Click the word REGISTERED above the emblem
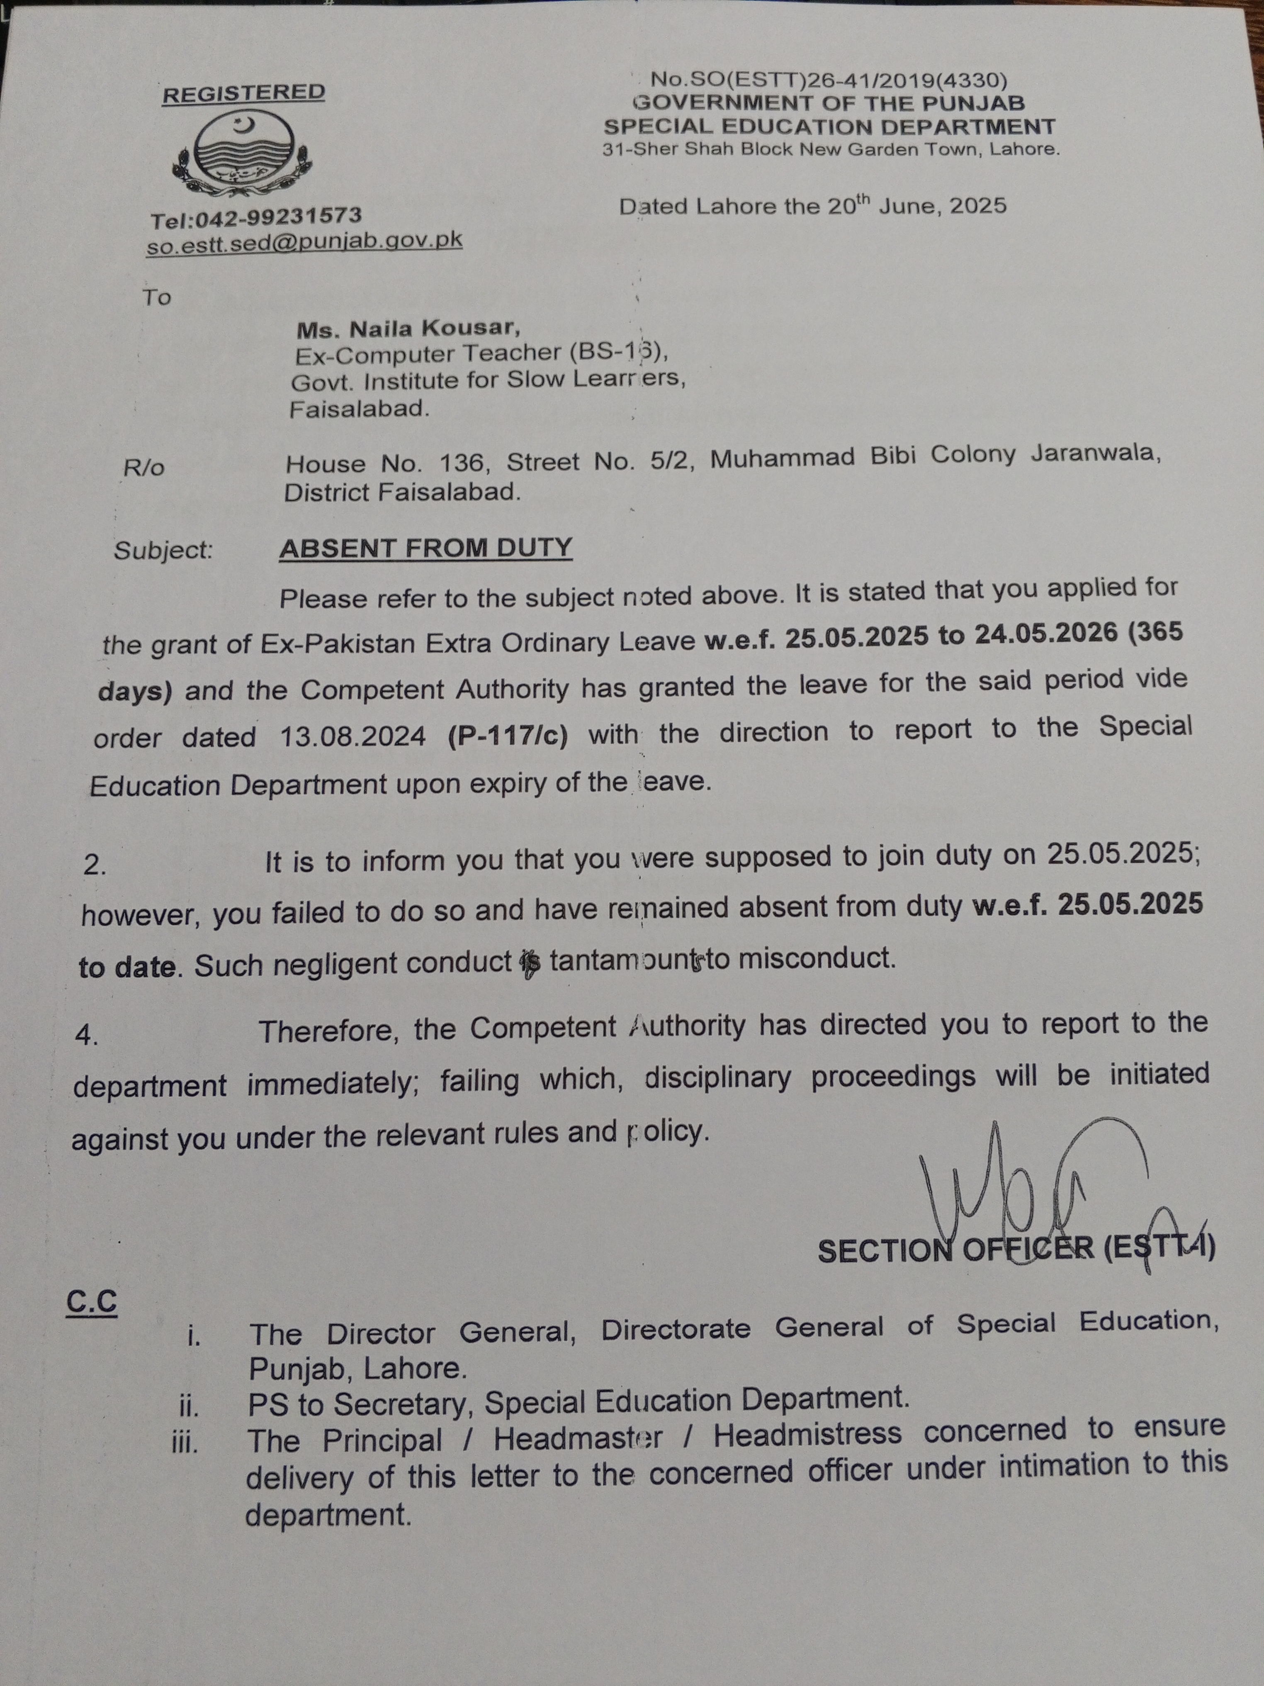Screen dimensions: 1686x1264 (x=244, y=93)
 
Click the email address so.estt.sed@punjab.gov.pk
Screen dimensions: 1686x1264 (x=305, y=241)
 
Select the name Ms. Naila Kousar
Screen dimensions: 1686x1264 (x=408, y=329)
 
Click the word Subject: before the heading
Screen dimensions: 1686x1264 (x=163, y=550)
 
